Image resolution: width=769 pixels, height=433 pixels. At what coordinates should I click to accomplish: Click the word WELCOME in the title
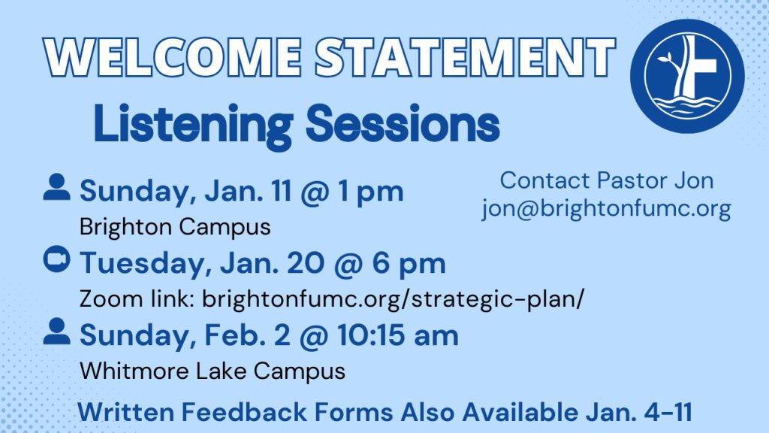click(173, 57)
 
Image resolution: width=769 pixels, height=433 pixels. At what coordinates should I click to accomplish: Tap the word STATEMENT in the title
click(465, 57)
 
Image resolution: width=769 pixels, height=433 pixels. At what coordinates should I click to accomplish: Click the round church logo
click(687, 76)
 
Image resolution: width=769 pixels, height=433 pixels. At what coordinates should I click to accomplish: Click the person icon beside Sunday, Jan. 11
click(56, 187)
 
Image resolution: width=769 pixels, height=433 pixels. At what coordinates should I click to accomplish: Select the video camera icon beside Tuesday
click(56, 259)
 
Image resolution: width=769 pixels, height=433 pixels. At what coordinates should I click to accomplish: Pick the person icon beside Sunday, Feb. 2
click(56, 331)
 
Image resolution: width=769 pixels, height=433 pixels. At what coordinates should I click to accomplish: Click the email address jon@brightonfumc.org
click(606, 208)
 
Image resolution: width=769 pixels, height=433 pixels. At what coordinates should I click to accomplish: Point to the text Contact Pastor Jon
click(607, 180)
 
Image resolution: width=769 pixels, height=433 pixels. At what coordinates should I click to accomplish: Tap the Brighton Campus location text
click(175, 227)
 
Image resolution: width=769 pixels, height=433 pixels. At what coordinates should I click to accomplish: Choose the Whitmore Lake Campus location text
click(213, 371)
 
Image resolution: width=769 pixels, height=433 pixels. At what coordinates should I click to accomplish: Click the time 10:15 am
click(398, 335)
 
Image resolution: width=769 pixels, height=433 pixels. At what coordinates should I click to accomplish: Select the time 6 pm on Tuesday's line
click(409, 263)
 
